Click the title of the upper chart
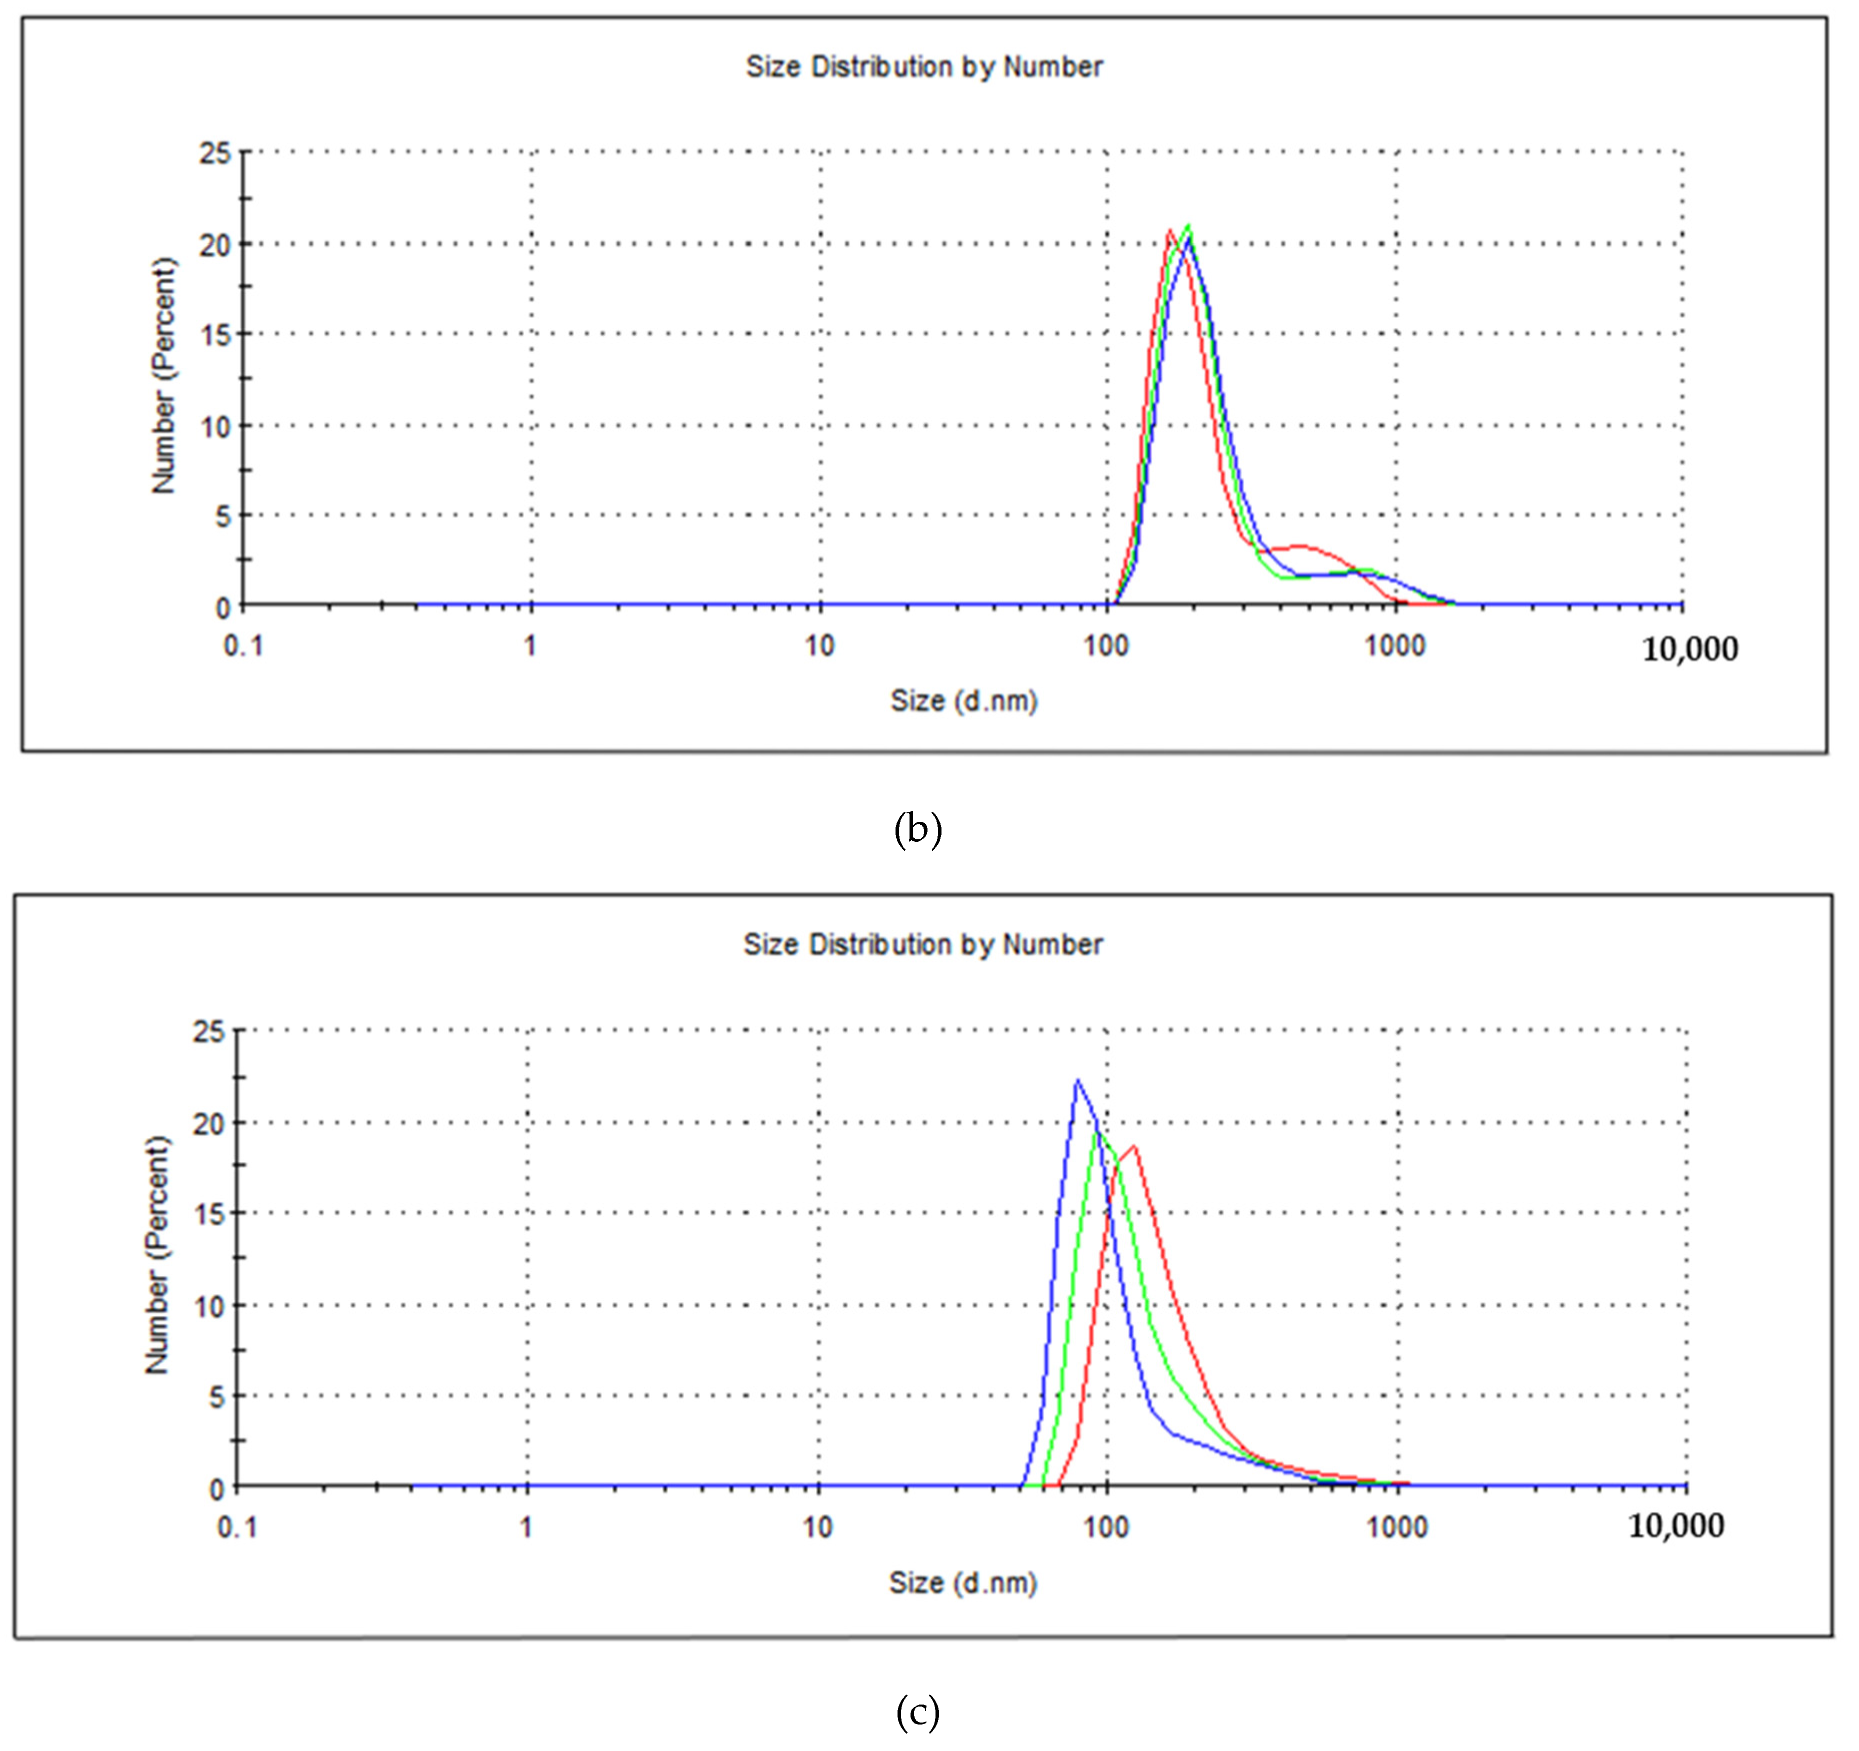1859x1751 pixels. point(924,67)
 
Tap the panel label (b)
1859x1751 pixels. point(918,829)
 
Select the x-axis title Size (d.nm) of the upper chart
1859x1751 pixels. point(963,701)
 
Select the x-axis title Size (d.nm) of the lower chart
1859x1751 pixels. point(963,1583)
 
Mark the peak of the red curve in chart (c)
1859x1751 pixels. point(1133,1146)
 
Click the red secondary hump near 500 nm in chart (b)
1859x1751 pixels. point(1300,546)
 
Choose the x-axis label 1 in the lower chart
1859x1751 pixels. point(527,1528)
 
